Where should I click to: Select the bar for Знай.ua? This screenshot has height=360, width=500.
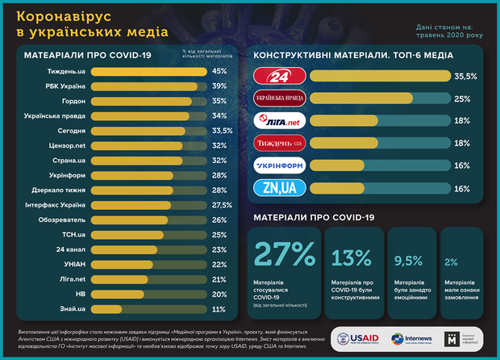click(x=106, y=309)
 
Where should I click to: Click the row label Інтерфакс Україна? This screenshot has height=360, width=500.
click(x=51, y=205)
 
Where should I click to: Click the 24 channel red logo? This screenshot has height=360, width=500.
click(x=279, y=77)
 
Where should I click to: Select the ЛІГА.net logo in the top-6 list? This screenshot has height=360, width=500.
click(x=279, y=120)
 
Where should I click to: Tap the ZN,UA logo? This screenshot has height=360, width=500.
click(x=279, y=187)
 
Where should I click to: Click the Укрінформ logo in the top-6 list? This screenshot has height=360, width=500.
click(x=279, y=165)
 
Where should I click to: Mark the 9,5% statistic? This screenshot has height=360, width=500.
click(x=407, y=260)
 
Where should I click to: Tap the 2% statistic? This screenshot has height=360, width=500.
click(x=451, y=261)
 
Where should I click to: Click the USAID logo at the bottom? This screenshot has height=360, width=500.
click(x=357, y=337)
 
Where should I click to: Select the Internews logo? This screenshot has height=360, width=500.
click(x=408, y=337)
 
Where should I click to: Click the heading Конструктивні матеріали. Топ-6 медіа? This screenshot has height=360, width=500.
click(x=353, y=56)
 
